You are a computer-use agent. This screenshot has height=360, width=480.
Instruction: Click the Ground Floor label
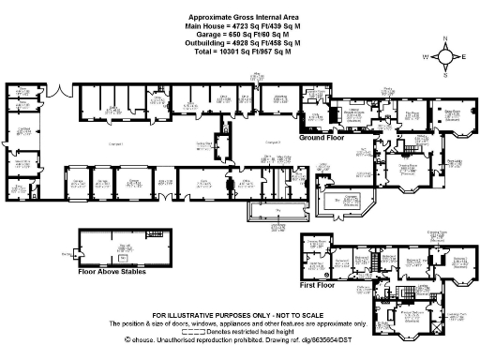[319, 137]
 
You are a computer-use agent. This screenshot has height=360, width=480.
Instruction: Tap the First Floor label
[318, 281]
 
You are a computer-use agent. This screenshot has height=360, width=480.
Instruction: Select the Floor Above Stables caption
[104, 271]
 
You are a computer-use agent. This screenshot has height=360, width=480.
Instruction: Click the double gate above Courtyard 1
[58, 97]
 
